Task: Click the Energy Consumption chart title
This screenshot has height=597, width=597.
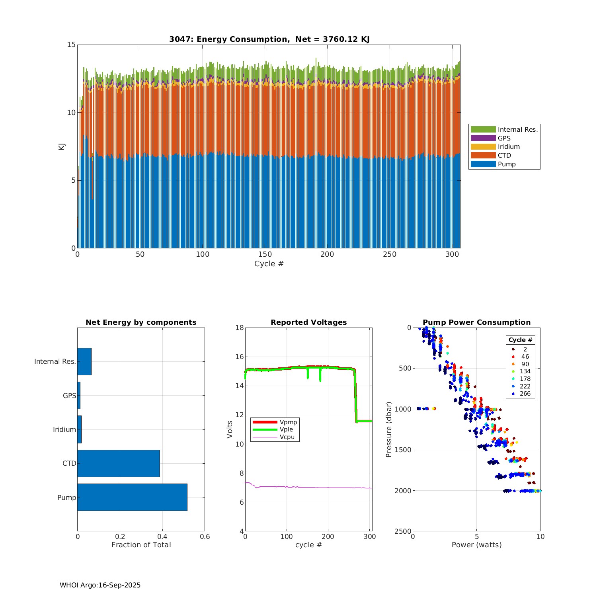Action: point(269,39)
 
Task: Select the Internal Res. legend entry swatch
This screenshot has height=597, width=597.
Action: point(483,129)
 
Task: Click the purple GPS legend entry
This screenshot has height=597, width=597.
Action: point(483,138)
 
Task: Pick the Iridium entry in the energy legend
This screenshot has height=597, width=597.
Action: point(483,147)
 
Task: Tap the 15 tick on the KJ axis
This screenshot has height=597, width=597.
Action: point(71,45)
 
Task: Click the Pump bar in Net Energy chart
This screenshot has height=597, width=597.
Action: point(132,497)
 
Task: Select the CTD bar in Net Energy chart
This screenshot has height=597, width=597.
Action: point(119,463)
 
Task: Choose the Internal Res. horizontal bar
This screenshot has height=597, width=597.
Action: point(84,361)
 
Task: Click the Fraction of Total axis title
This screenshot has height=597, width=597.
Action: point(141,545)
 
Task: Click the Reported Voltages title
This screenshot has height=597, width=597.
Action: point(308,322)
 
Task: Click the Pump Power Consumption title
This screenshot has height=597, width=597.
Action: point(476,322)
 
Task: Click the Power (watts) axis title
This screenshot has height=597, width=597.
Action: point(476,545)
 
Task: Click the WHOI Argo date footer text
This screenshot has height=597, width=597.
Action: point(100,585)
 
